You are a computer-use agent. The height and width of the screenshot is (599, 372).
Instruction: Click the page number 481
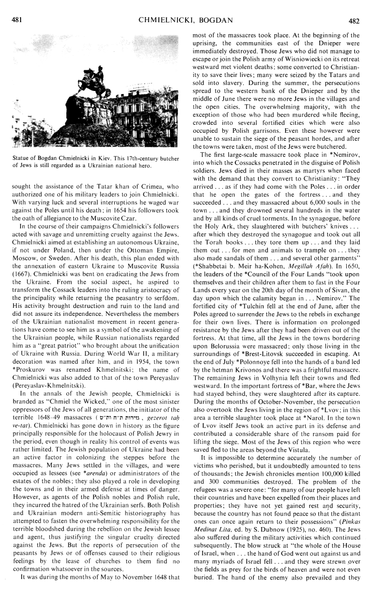pyautogui.click(x=17, y=8)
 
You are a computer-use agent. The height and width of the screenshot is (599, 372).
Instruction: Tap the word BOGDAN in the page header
pyautogui.click(x=224, y=8)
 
